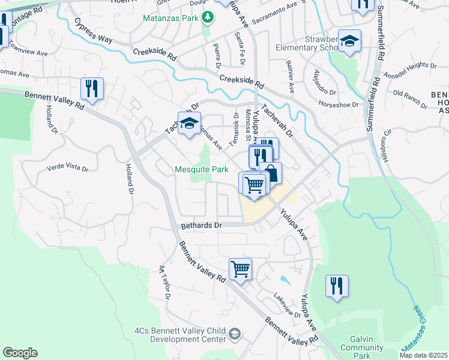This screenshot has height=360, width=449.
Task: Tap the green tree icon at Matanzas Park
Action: (208, 17)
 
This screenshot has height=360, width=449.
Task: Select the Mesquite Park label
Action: (202, 169)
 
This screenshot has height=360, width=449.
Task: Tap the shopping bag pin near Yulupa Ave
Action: (271, 173)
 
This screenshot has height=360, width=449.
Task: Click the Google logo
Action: (20, 353)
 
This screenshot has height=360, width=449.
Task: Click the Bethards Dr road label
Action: (202, 226)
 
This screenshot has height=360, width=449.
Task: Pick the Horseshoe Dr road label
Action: (338, 104)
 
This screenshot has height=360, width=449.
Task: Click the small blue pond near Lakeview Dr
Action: (283, 279)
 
